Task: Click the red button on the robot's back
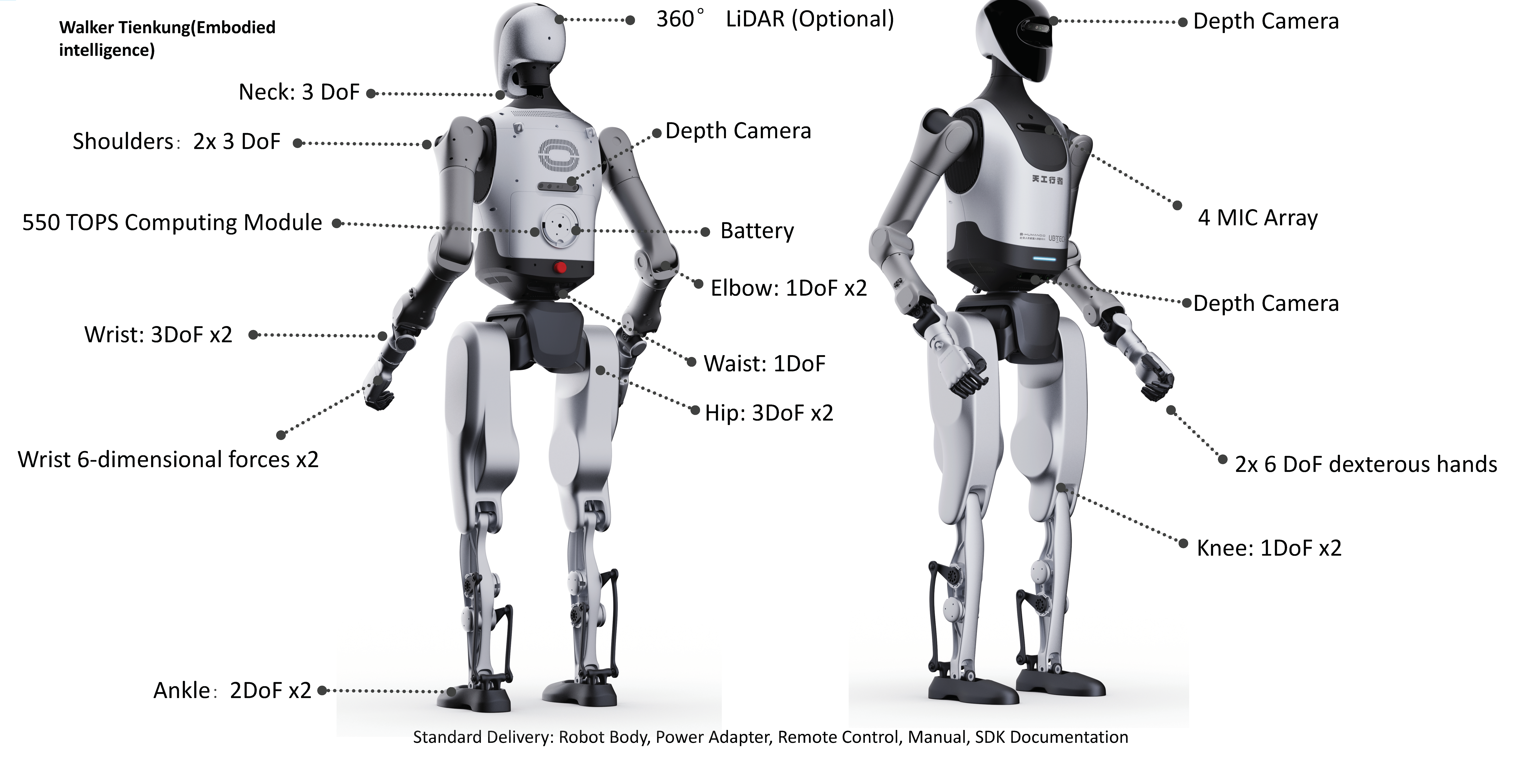tap(560, 268)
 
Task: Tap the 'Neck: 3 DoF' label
tap(299, 92)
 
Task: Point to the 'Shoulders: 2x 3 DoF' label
tap(176, 142)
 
